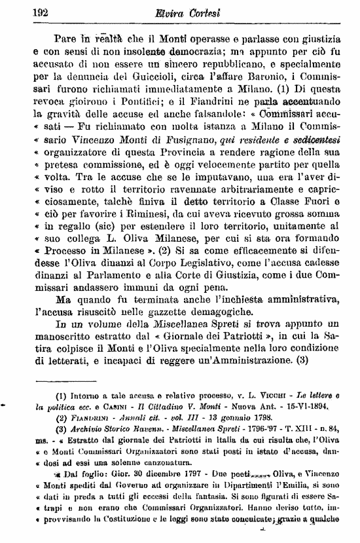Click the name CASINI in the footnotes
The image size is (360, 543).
point(97,407)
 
